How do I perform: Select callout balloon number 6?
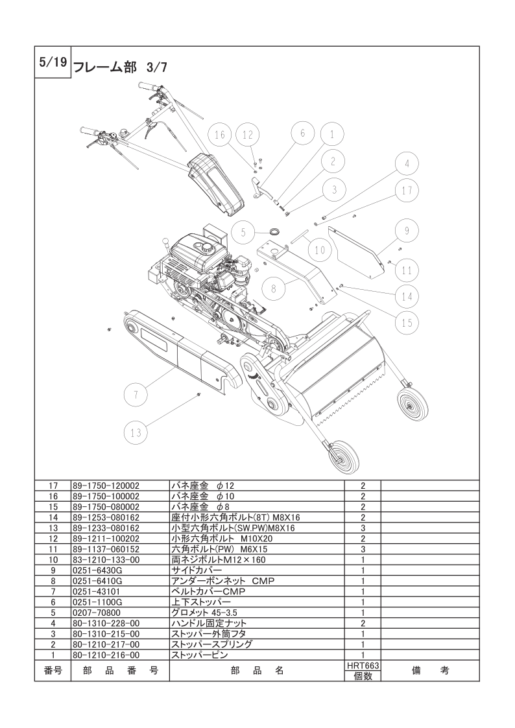click(x=302, y=134)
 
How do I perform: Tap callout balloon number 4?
click(x=407, y=164)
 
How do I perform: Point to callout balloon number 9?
click(x=406, y=230)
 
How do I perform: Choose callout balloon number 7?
click(x=136, y=393)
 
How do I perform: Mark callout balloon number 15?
click(x=407, y=322)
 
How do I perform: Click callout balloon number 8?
click(x=273, y=290)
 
